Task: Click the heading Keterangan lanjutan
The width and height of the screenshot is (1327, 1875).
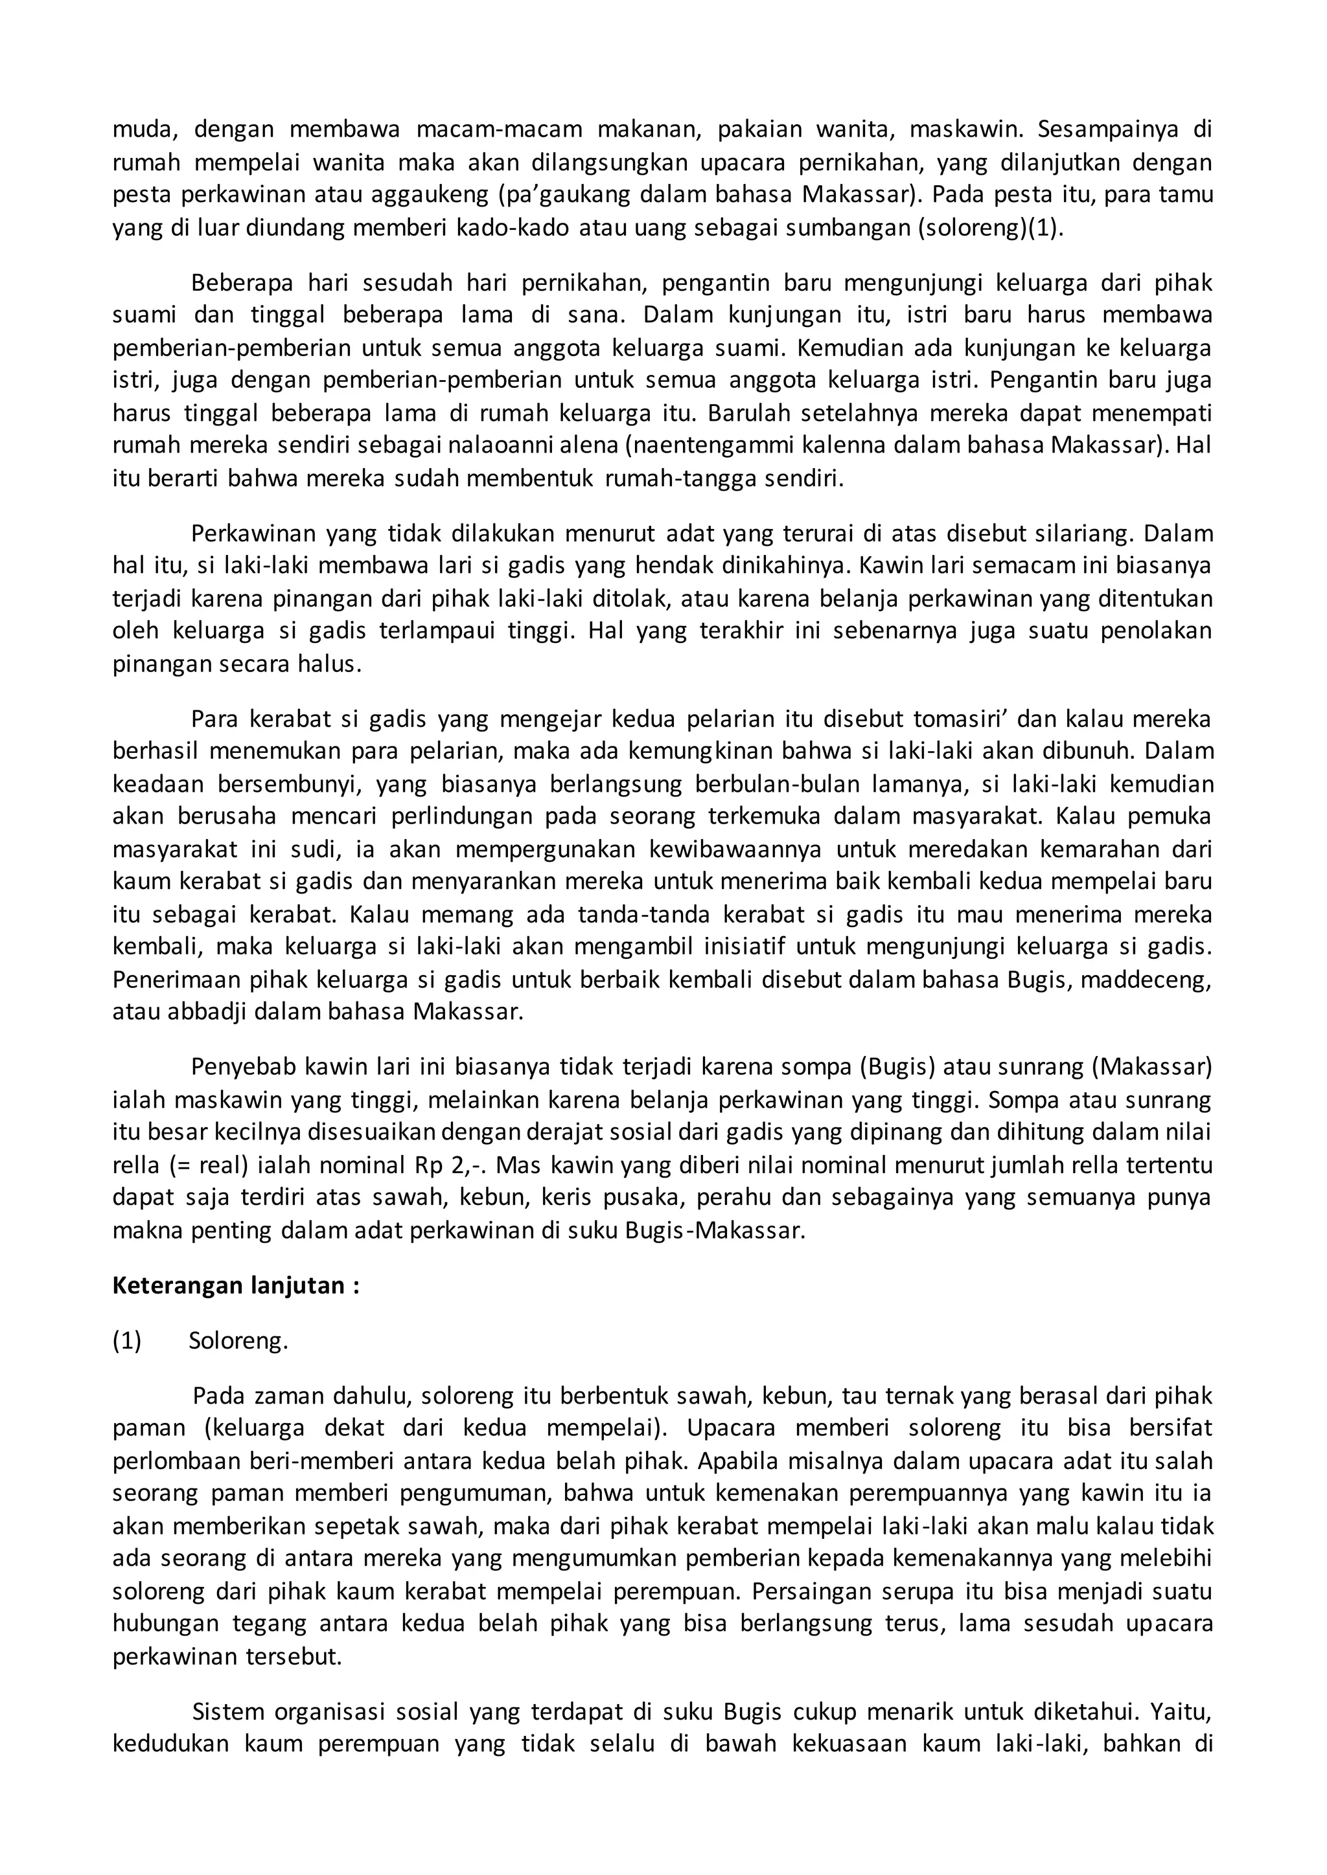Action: pos(236,1286)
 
